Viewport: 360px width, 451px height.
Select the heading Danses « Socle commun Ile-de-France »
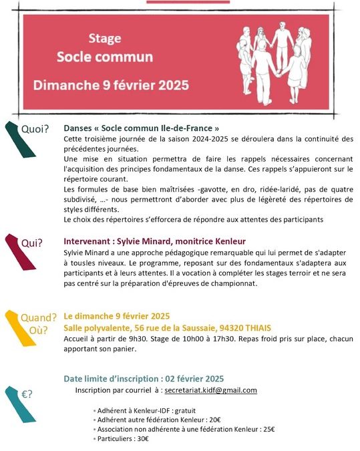pos(141,127)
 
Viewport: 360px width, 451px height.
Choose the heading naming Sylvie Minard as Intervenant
pos(154,241)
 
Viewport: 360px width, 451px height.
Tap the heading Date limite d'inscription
pos(143,378)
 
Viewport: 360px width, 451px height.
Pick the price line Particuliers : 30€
pos(123,438)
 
